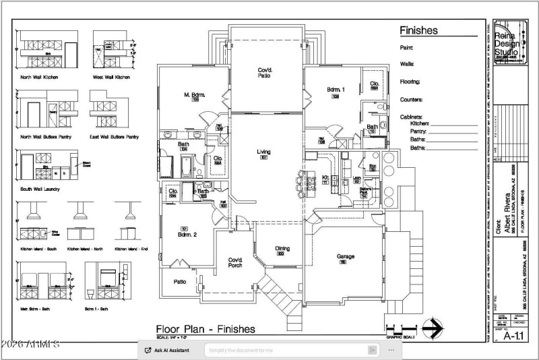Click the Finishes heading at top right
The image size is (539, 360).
tap(418, 30)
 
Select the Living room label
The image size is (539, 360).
tap(263, 152)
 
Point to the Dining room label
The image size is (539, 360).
tap(283, 249)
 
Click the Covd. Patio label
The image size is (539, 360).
tap(263, 73)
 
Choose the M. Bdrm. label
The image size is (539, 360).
tap(195, 94)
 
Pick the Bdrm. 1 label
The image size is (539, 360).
tap(336, 89)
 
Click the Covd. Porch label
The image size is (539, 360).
tap(235, 262)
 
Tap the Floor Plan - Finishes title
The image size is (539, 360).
tap(205, 329)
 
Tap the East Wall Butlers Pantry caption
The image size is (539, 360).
tap(115, 137)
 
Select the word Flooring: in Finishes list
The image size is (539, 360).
tap(410, 82)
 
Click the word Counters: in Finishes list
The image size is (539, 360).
tap(411, 99)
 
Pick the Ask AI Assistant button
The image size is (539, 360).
tap(168, 350)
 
